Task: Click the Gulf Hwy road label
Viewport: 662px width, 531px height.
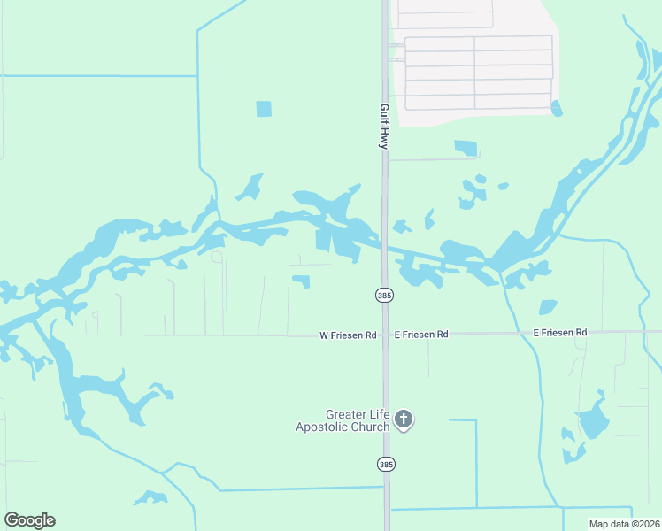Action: point(384,126)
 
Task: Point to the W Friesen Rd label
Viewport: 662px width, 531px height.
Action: point(348,335)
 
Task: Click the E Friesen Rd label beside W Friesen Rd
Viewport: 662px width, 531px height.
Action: point(421,335)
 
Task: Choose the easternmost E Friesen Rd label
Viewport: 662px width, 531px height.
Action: point(560,332)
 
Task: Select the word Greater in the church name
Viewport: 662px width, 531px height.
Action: point(345,414)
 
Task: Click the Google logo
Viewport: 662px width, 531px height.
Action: point(29,520)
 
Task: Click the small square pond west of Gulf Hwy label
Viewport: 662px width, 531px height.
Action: point(264,109)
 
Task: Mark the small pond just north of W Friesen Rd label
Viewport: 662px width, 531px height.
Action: point(302,281)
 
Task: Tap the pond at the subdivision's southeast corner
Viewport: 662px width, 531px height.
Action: point(556,109)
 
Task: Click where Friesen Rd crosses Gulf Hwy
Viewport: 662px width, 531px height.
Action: point(385,335)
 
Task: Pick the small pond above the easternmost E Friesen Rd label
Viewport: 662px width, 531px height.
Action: point(548,307)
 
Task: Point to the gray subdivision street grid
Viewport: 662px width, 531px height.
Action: point(478,66)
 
